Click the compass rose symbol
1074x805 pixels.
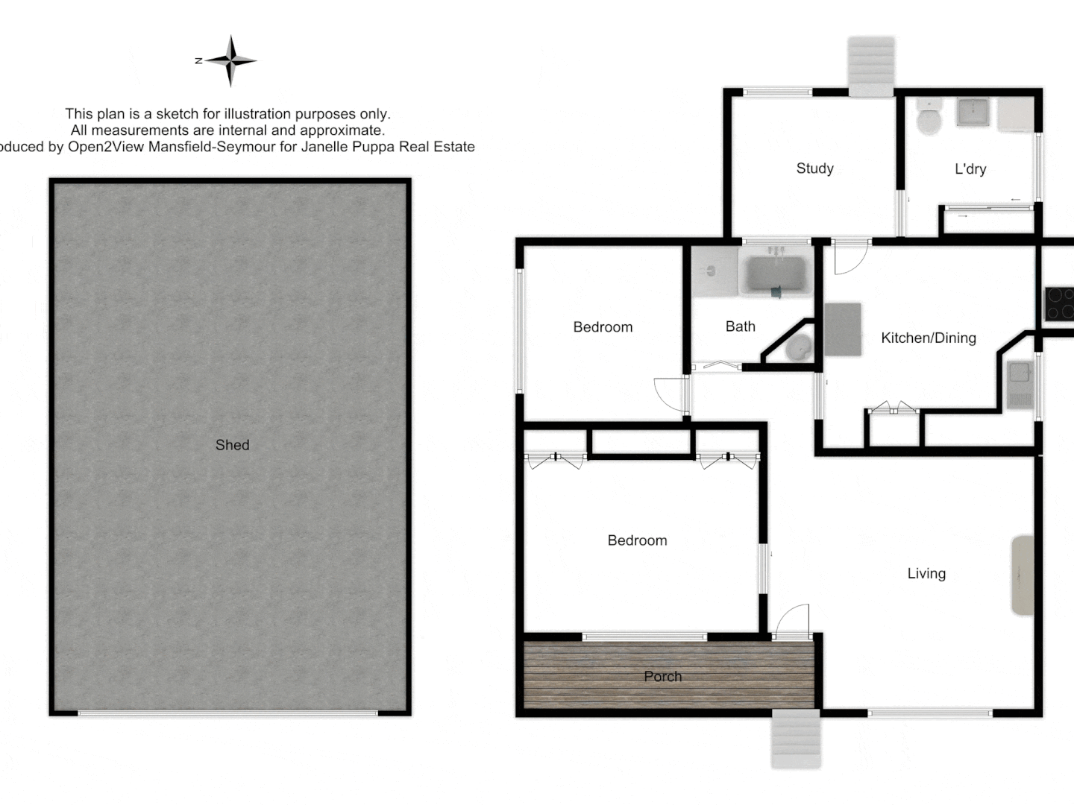[231, 61]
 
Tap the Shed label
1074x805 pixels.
[232, 445]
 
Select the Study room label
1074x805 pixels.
[814, 168]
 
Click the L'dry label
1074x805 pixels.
[970, 169]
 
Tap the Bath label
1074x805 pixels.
[740, 326]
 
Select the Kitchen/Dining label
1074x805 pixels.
[928, 338]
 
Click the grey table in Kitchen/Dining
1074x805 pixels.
[843, 329]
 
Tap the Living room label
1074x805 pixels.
[926, 573]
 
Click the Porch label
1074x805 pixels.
[662, 676]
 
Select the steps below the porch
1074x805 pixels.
[796, 738]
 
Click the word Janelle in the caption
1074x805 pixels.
[326, 147]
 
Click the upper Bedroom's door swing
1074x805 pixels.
[671, 393]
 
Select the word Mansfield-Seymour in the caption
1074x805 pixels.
[212, 147]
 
